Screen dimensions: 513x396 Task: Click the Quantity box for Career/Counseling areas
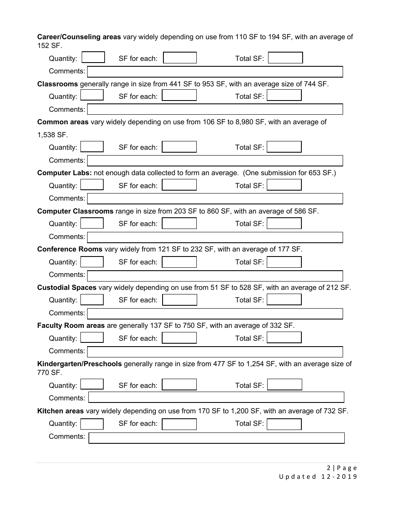[93, 58]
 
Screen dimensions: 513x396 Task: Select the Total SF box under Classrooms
[284, 96]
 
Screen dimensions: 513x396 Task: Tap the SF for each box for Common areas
[179, 147]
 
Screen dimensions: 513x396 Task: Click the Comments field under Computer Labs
[215, 199]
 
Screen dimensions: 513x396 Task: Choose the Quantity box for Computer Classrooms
[92, 223]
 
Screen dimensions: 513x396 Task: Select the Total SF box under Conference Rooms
[284, 262]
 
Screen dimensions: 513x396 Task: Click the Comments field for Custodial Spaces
[215, 314]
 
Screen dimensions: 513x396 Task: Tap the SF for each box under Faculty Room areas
[179, 338]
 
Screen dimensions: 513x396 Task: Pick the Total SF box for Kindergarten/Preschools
[284, 385]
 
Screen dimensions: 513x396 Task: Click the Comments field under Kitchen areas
[216, 438]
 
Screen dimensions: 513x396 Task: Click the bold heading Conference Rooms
[70, 249]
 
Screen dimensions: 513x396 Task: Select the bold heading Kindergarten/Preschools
[79, 364]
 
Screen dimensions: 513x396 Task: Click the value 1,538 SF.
[52, 135]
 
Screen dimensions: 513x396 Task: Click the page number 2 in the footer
[328, 468]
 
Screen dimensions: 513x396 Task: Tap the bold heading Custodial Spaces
[67, 287]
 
